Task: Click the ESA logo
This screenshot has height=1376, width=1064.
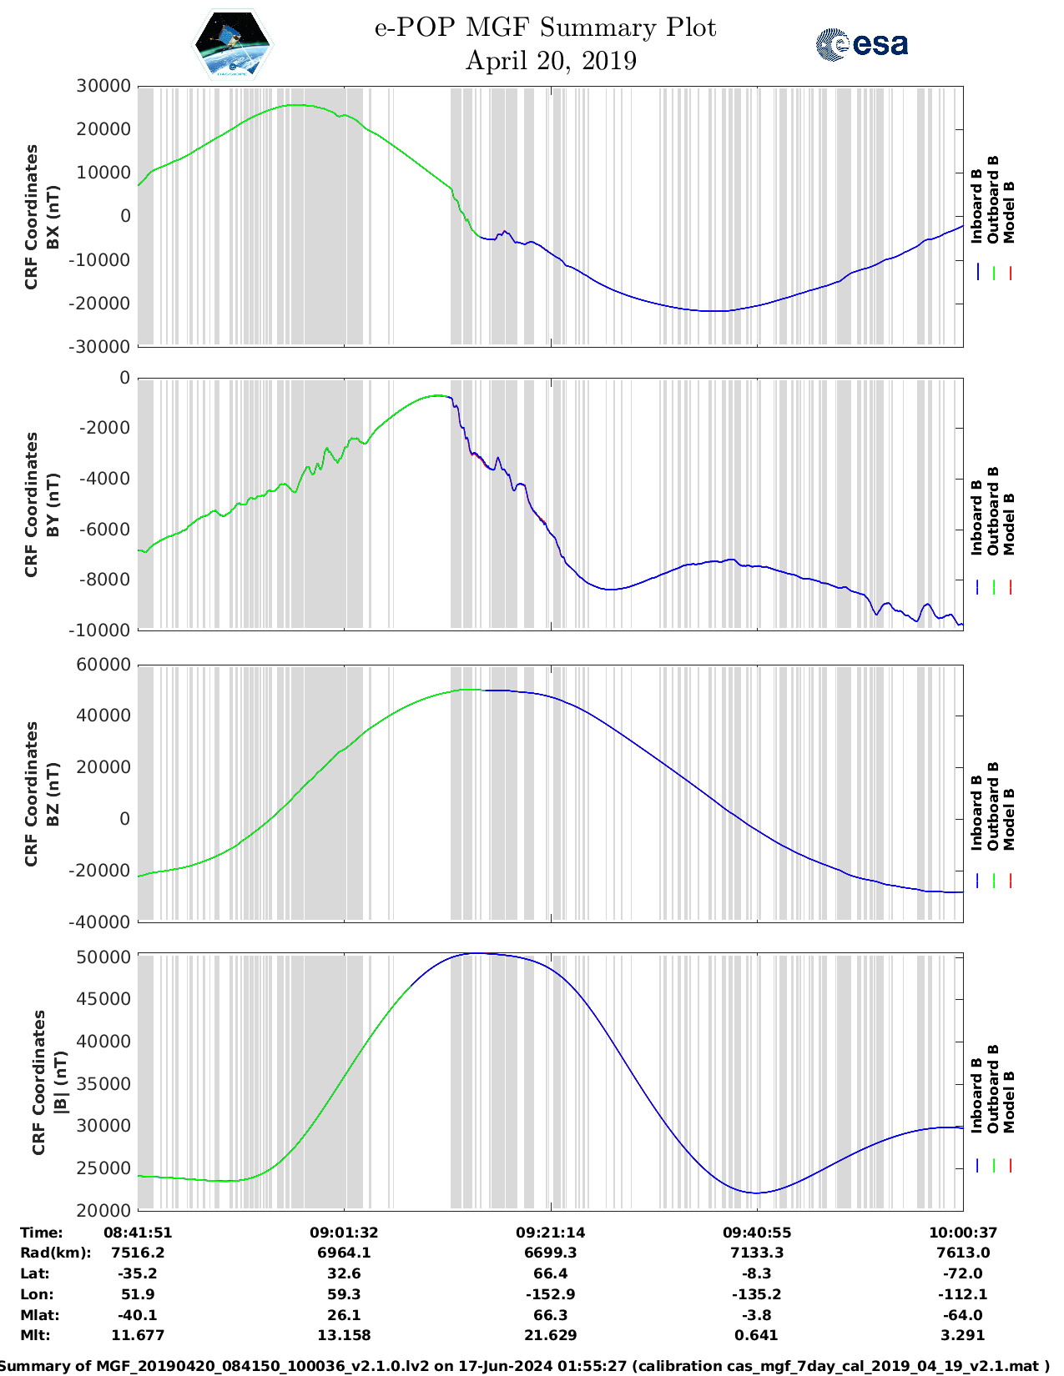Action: coord(861,44)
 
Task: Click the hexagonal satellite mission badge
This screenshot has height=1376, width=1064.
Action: coord(232,44)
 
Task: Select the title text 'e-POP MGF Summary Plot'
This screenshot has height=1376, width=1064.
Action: coord(545,28)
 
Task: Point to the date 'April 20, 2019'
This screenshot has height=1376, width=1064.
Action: coord(551,61)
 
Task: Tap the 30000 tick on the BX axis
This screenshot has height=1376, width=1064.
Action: coord(103,86)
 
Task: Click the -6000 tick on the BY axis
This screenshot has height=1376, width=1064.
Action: coord(104,529)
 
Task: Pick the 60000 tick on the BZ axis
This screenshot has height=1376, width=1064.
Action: coord(103,665)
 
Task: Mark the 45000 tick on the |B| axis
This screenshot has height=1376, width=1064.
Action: coord(103,999)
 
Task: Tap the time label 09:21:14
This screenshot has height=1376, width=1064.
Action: coord(550,1232)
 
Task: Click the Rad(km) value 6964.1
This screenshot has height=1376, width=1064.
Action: coord(344,1253)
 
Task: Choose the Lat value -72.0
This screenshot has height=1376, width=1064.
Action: coord(963,1273)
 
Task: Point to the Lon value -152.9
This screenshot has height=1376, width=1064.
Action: coord(550,1294)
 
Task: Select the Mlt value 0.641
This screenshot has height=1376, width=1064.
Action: coord(757,1335)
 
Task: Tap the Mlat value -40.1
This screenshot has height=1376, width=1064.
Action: coord(138,1315)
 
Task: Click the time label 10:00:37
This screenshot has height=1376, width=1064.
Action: coord(963,1232)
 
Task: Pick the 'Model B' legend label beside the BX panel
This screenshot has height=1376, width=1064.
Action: coord(1009,212)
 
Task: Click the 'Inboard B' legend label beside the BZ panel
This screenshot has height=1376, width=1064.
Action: coord(976,813)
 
